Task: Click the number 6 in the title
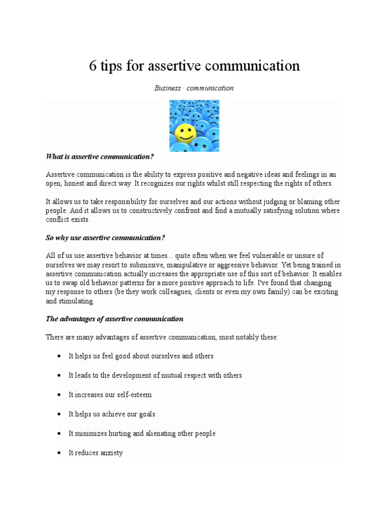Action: tap(93, 66)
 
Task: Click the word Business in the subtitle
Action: tap(168, 88)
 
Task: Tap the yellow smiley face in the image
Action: tap(185, 134)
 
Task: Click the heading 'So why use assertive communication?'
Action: tap(105, 238)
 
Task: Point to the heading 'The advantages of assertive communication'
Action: tap(114, 319)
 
